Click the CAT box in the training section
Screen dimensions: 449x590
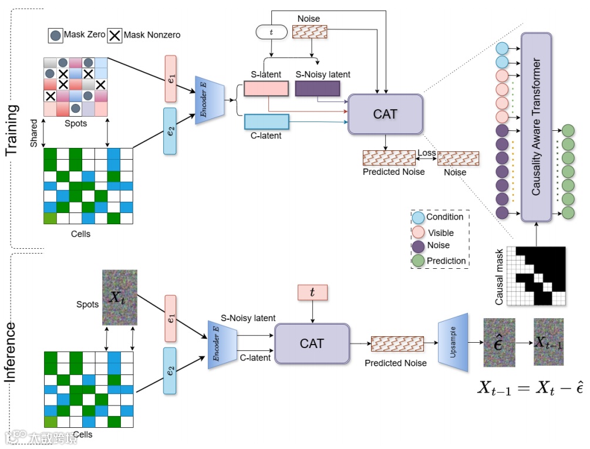coord(385,114)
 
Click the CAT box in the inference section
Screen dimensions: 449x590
coord(312,343)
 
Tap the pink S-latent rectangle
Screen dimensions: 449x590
coord(266,89)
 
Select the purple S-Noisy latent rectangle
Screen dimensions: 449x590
coord(318,89)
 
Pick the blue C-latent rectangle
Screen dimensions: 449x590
coord(266,121)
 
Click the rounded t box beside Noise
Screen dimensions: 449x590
coord(271,32)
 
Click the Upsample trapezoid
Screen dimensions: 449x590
coord(453,342)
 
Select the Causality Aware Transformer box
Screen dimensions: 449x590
coord(536,127)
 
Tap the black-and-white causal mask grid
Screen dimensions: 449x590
coord(536,276)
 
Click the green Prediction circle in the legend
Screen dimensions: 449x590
coord(417,260)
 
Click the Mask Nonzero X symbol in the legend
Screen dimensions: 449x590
coord(114,35)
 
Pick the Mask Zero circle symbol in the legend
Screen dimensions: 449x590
coord(56,35)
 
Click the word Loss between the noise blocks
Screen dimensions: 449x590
coord(427,153)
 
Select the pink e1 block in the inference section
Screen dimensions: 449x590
coord(170,318)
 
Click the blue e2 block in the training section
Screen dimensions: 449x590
coord(170,131)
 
